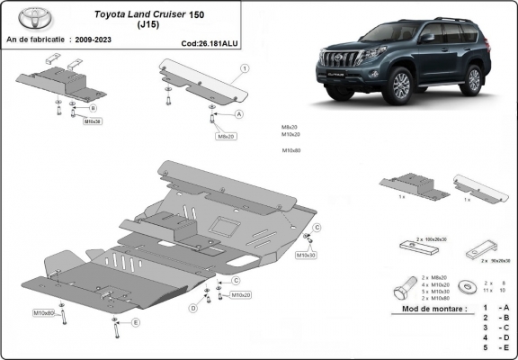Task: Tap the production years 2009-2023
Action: (94, 41)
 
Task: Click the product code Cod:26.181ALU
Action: (210, 41)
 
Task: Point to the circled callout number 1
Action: (245, 68)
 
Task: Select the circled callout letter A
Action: (239, 115)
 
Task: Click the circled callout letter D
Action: (192, 309)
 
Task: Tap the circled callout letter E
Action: (136, 321)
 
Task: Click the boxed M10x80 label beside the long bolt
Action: (44, 312)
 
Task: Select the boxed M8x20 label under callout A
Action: (225, 136)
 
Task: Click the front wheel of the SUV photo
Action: (400, 85)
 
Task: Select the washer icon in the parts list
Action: (466, 287)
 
